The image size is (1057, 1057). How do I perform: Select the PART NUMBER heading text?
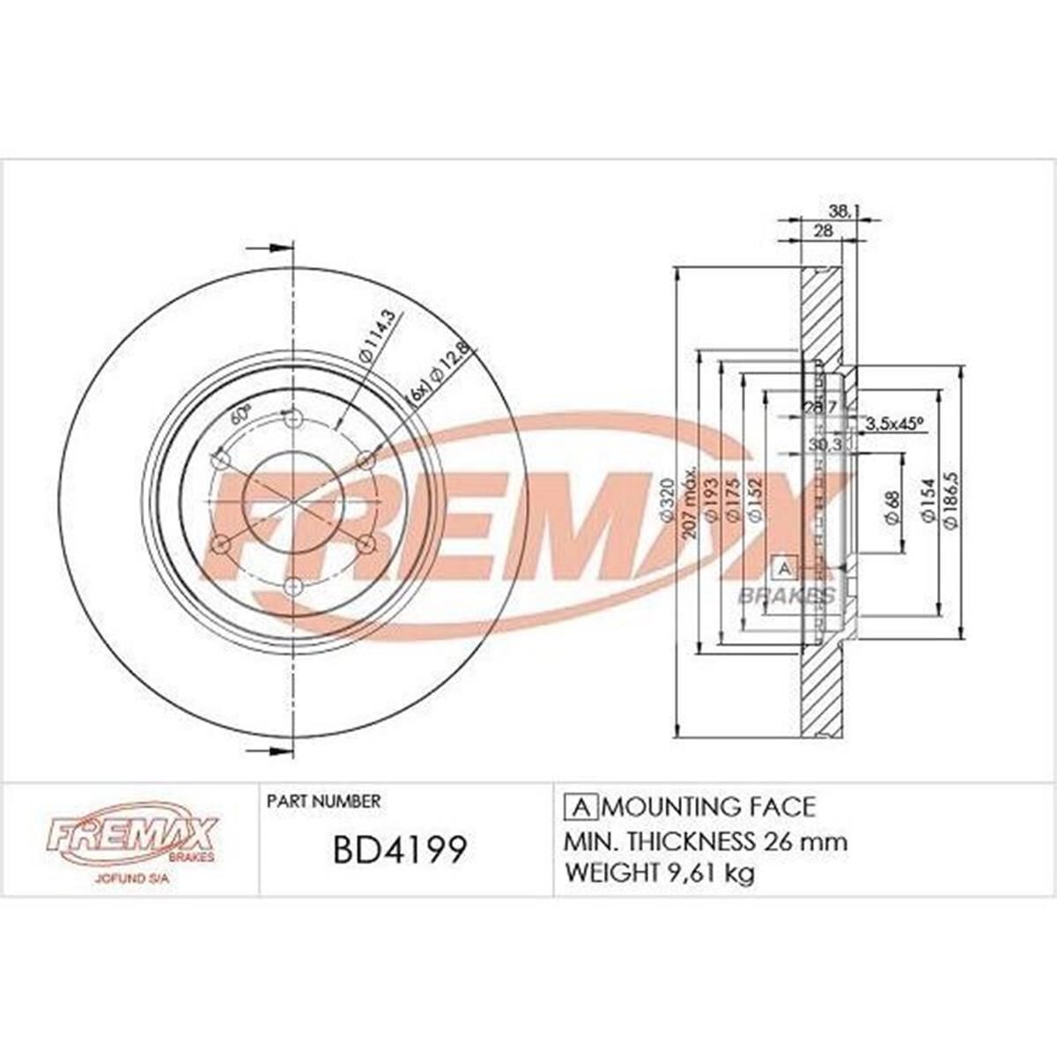tap(323, 802)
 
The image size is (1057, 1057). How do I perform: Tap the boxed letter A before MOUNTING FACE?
tap(580, 807)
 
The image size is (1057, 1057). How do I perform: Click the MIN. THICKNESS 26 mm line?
tap(706, 841)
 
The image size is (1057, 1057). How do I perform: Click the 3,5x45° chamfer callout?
tap(894, 423)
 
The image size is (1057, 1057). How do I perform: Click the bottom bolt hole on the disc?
tap(295, 586)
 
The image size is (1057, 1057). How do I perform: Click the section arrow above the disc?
tap(270, 248)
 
